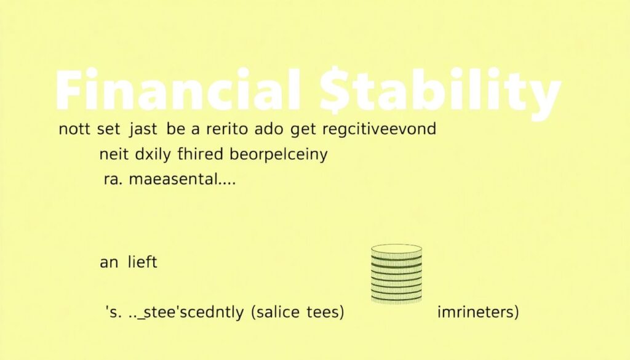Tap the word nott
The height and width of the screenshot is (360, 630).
coord(73,130)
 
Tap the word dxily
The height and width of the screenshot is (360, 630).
coord(153,155)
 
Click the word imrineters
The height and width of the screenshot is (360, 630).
coord(477,312)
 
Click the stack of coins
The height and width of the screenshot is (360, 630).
coord(397,274)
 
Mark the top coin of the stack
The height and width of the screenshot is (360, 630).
coord(397,250)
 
